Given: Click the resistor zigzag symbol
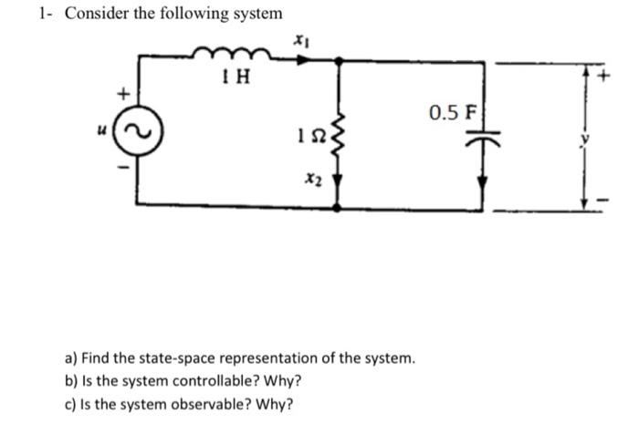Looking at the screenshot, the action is [340, 136].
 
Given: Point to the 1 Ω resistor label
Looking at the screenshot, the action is [309, 136].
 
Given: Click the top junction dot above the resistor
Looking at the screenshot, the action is [340, 60].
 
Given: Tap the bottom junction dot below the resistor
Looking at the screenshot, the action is [340, 208].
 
